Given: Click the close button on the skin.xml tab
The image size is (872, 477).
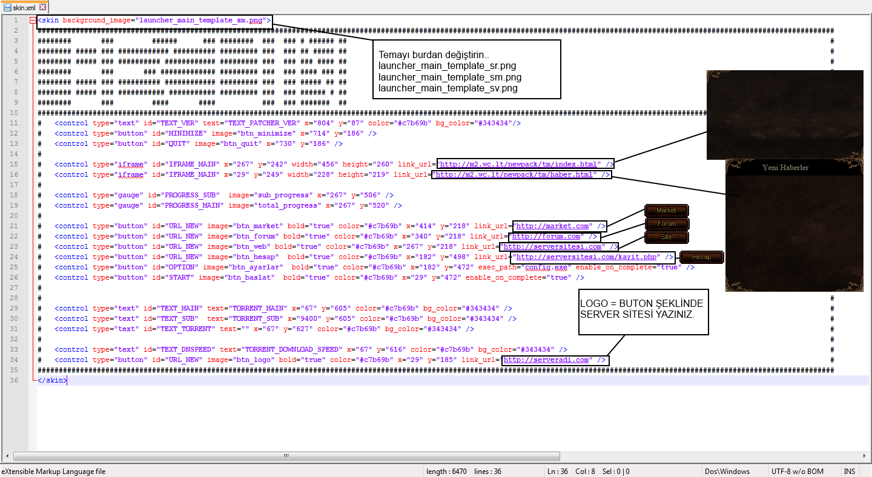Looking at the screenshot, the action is point(43,7).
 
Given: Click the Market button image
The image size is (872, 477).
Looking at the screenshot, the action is point(667,210).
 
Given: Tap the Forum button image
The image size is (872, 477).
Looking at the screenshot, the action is point(667,224).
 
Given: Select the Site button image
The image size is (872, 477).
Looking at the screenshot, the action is point(667,237).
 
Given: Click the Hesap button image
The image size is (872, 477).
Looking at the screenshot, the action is point(701,257).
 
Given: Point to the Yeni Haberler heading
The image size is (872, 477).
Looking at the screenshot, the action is point(785,168).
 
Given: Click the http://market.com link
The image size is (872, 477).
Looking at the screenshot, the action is point(552,226).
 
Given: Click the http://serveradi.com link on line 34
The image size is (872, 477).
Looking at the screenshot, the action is point(546,360).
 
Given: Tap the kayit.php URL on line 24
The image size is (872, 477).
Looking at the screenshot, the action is point(586,257).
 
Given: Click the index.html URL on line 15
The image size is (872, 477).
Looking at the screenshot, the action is point(518,164).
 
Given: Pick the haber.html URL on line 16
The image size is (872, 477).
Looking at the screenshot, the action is point(514,174).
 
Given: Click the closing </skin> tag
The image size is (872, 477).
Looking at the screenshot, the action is point(52,381).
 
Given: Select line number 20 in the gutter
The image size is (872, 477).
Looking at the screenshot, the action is point(14,215).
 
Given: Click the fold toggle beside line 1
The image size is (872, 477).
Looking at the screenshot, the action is point(33,20).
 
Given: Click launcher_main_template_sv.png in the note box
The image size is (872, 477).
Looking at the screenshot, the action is point(448,88).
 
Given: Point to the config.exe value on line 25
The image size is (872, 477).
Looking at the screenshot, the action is point(546,268).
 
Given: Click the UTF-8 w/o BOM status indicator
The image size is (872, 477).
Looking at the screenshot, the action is point(798,471).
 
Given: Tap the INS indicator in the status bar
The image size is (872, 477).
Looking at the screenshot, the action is point(850,471).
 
